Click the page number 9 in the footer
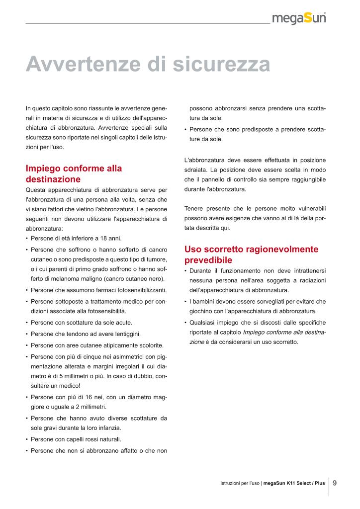(x=335, y=482)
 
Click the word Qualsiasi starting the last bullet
(x=202, y=323)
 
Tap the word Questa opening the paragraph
(x=36, y=190)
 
